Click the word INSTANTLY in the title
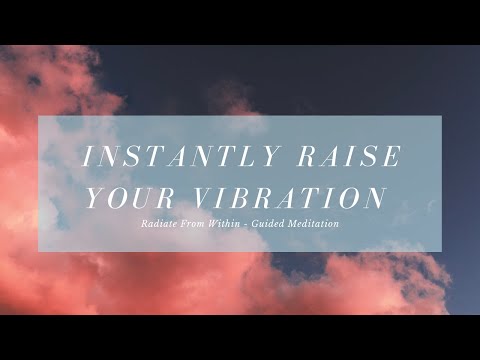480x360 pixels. coord(175,157)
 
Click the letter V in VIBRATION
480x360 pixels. coord(199,197)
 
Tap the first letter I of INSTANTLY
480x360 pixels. coord(86,157)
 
